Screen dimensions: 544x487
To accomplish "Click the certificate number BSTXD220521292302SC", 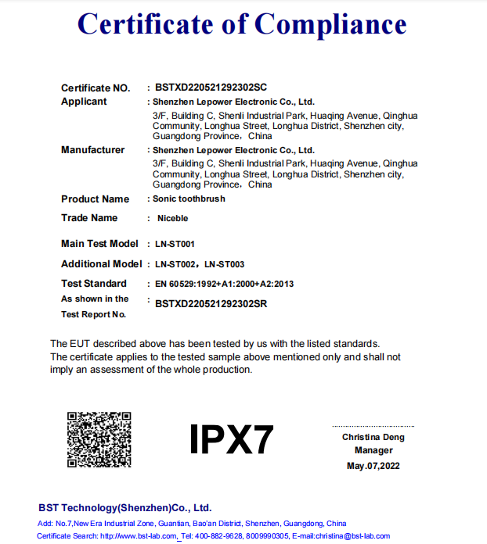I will click(x=211, y=88).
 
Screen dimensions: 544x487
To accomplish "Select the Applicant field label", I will click(x=84, y=102).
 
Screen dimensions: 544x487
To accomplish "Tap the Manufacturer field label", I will click(x=92, y=150).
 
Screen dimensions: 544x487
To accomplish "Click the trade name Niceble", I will click(x=172, y=218).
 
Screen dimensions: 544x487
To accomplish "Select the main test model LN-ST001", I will click(x=175, y=245).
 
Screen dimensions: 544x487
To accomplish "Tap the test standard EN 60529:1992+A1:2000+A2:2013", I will click(x=224, y=284).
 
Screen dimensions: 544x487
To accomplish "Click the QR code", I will click(x=98, y=439).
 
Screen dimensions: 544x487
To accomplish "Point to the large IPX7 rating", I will click(x=232, y=440).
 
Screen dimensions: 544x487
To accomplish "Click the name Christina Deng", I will click(x=373, y=437).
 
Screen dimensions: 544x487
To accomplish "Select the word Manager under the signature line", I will click(x=373, y=451).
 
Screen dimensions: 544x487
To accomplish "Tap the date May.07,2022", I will click(x=373, y=467).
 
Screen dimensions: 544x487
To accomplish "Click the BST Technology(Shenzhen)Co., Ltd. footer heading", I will click(x=125, y=507).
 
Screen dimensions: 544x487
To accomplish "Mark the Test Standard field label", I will click(x=93, y=284).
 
